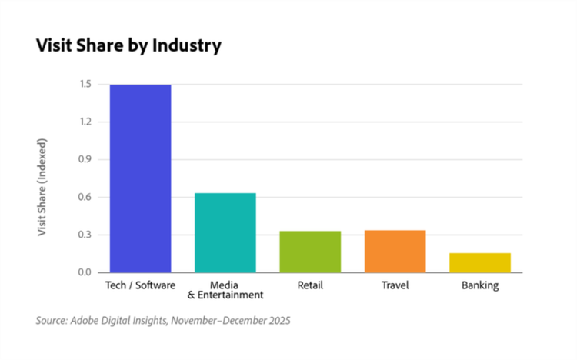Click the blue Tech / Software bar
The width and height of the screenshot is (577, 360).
[x=140, y=178]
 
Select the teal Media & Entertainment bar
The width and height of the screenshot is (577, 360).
[x=225, y=232]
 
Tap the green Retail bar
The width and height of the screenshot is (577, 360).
[x=310, y=252]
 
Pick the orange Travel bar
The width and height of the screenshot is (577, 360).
[x=395, y=251]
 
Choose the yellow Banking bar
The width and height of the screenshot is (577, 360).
[x=480, y=262]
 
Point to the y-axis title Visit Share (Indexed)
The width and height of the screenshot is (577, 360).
[x=43, y=187]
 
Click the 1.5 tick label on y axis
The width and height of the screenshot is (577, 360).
[x=85, y=85]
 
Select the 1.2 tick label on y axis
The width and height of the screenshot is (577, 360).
[x=85, y=122]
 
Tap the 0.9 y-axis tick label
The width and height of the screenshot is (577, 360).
[x=85, y=160]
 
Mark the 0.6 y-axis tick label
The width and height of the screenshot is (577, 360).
[x=85, y=198]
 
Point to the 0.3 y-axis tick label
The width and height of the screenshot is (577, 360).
[x=85, y=235]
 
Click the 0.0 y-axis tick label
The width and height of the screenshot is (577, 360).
[x=85, y=272]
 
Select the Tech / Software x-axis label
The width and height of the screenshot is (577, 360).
[x=140, y=285]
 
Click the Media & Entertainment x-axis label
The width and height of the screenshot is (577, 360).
[x=225, y=290]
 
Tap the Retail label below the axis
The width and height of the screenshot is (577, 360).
[x=310, y=285]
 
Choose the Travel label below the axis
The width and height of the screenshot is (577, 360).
[x=395, y=285]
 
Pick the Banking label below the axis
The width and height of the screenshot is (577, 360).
[x=480, y=285]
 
